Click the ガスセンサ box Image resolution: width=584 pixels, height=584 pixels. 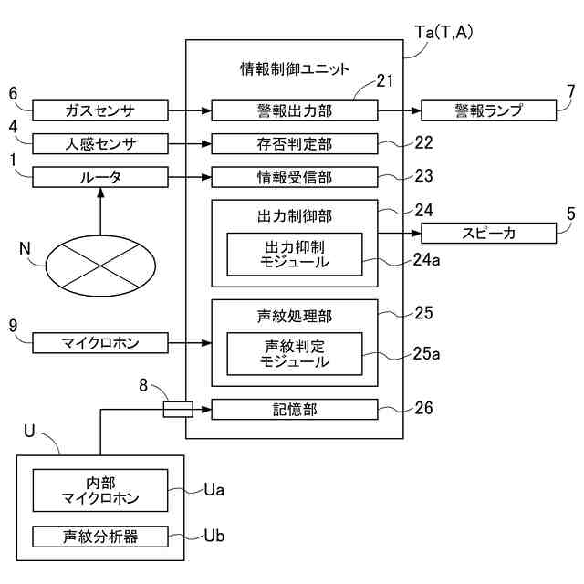coord(100,110)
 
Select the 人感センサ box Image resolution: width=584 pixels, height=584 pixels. coord(100,144)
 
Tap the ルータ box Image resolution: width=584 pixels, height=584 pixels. coord(100,177)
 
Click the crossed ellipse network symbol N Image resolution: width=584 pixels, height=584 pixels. coord(100,266)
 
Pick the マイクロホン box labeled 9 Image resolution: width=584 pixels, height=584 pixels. coord(100,343)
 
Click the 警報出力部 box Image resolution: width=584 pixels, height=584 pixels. coord(295,110)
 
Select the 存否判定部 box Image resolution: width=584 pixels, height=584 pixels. coord(295,144)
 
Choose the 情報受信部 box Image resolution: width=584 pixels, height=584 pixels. coord(295,177)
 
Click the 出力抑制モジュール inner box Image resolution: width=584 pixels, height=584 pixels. coord(295,255)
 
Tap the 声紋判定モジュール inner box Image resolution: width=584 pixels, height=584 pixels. coord(295,354)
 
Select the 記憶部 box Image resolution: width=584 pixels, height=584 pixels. coord(295,410)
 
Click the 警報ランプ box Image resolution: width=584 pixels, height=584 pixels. coord(489,110)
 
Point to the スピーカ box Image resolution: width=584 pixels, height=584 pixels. coord(489,234)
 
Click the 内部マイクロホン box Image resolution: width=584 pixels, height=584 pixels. coord(100,490)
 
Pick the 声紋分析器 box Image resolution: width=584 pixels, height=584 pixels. coord(100,537)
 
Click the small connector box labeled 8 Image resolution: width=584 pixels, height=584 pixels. coord(178,410)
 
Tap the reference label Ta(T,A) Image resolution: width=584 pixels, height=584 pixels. coord(444,33)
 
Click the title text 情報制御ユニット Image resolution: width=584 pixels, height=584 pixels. coord(295,69)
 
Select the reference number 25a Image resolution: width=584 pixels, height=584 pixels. coord(426,353)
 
